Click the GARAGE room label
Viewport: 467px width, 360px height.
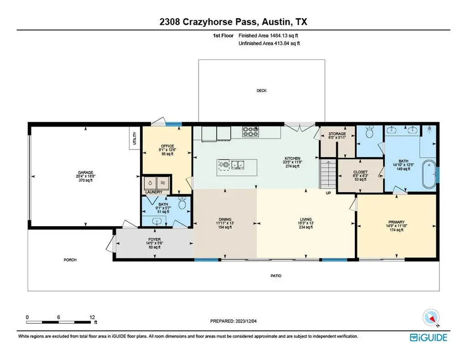click(85, 173)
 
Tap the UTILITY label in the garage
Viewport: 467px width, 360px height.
click(135, 138)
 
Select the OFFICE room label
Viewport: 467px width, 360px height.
click(167, 146)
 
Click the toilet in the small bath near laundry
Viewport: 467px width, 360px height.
click(182, 203)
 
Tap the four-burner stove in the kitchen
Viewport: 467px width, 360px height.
click(250, 132)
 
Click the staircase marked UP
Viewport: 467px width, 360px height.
click(328, 174)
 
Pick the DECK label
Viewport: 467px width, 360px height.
click(261, 90)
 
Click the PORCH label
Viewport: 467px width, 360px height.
click(70, 260)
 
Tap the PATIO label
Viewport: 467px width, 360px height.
click(276, 276)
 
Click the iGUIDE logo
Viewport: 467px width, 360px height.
click(428, 337)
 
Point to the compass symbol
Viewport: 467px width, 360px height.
click(431, 318)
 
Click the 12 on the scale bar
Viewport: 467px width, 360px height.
click(92, 317)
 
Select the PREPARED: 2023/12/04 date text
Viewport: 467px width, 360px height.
click(233, 321)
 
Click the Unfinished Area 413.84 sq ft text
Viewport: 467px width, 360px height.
click(269, 43)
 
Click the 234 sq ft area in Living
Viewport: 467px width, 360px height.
click(306, 227)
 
